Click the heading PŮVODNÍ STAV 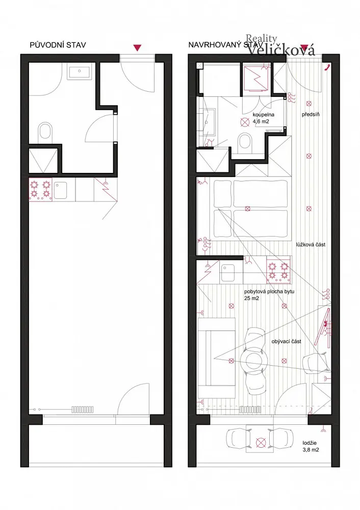coord(58,45)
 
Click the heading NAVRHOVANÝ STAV coord(225,45)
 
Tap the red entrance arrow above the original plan coord(137,48)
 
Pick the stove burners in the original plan coord(41,190)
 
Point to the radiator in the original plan coord(83,409)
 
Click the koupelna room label coord(264,114)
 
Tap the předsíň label coord(311,114)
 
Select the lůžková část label coord(311,245)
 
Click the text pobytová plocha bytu coord(269,291)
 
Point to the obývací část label coord(286,342)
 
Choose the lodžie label coord(310,443)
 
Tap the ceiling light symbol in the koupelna coord(245,122)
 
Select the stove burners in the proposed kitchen coord(279,271)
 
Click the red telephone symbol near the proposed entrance coord(327,67)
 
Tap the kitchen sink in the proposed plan coord(227,273)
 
